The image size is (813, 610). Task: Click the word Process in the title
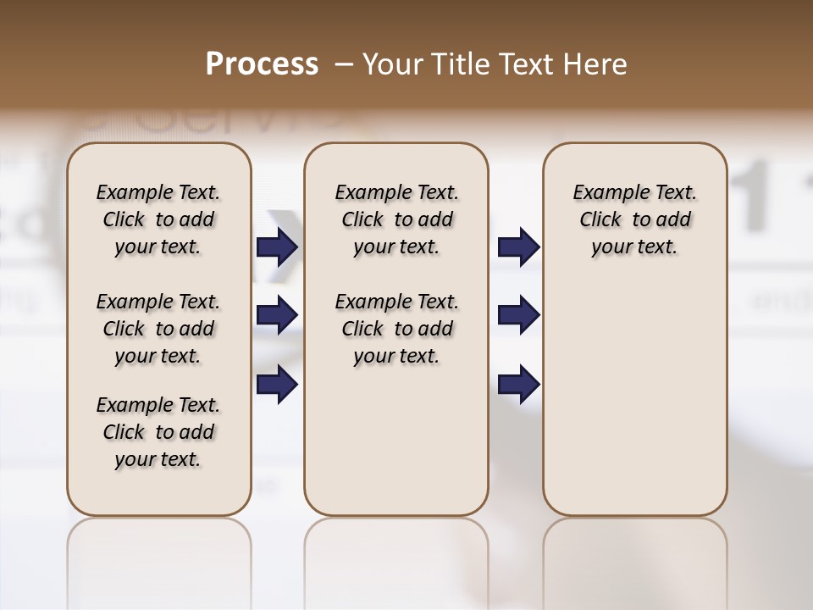coord(262,64)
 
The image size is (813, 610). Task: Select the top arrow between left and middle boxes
coord(277,247)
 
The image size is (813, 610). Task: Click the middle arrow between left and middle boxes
coord(277,315)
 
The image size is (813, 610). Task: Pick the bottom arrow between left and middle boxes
coord(277,384)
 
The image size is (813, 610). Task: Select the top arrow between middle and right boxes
coord(518,247)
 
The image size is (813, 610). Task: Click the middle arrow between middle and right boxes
coord(518,315)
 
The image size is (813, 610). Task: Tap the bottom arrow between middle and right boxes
coord(518,384)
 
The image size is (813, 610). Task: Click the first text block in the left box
coord(158,219)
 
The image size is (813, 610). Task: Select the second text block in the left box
coord(158,329)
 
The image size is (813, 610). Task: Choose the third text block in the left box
coord(158,432)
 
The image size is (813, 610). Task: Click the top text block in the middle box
coord(396,219)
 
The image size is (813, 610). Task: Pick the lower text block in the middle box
coord(396,329)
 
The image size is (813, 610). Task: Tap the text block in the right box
coord(634,219)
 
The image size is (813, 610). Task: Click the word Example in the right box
coord(605,193)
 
